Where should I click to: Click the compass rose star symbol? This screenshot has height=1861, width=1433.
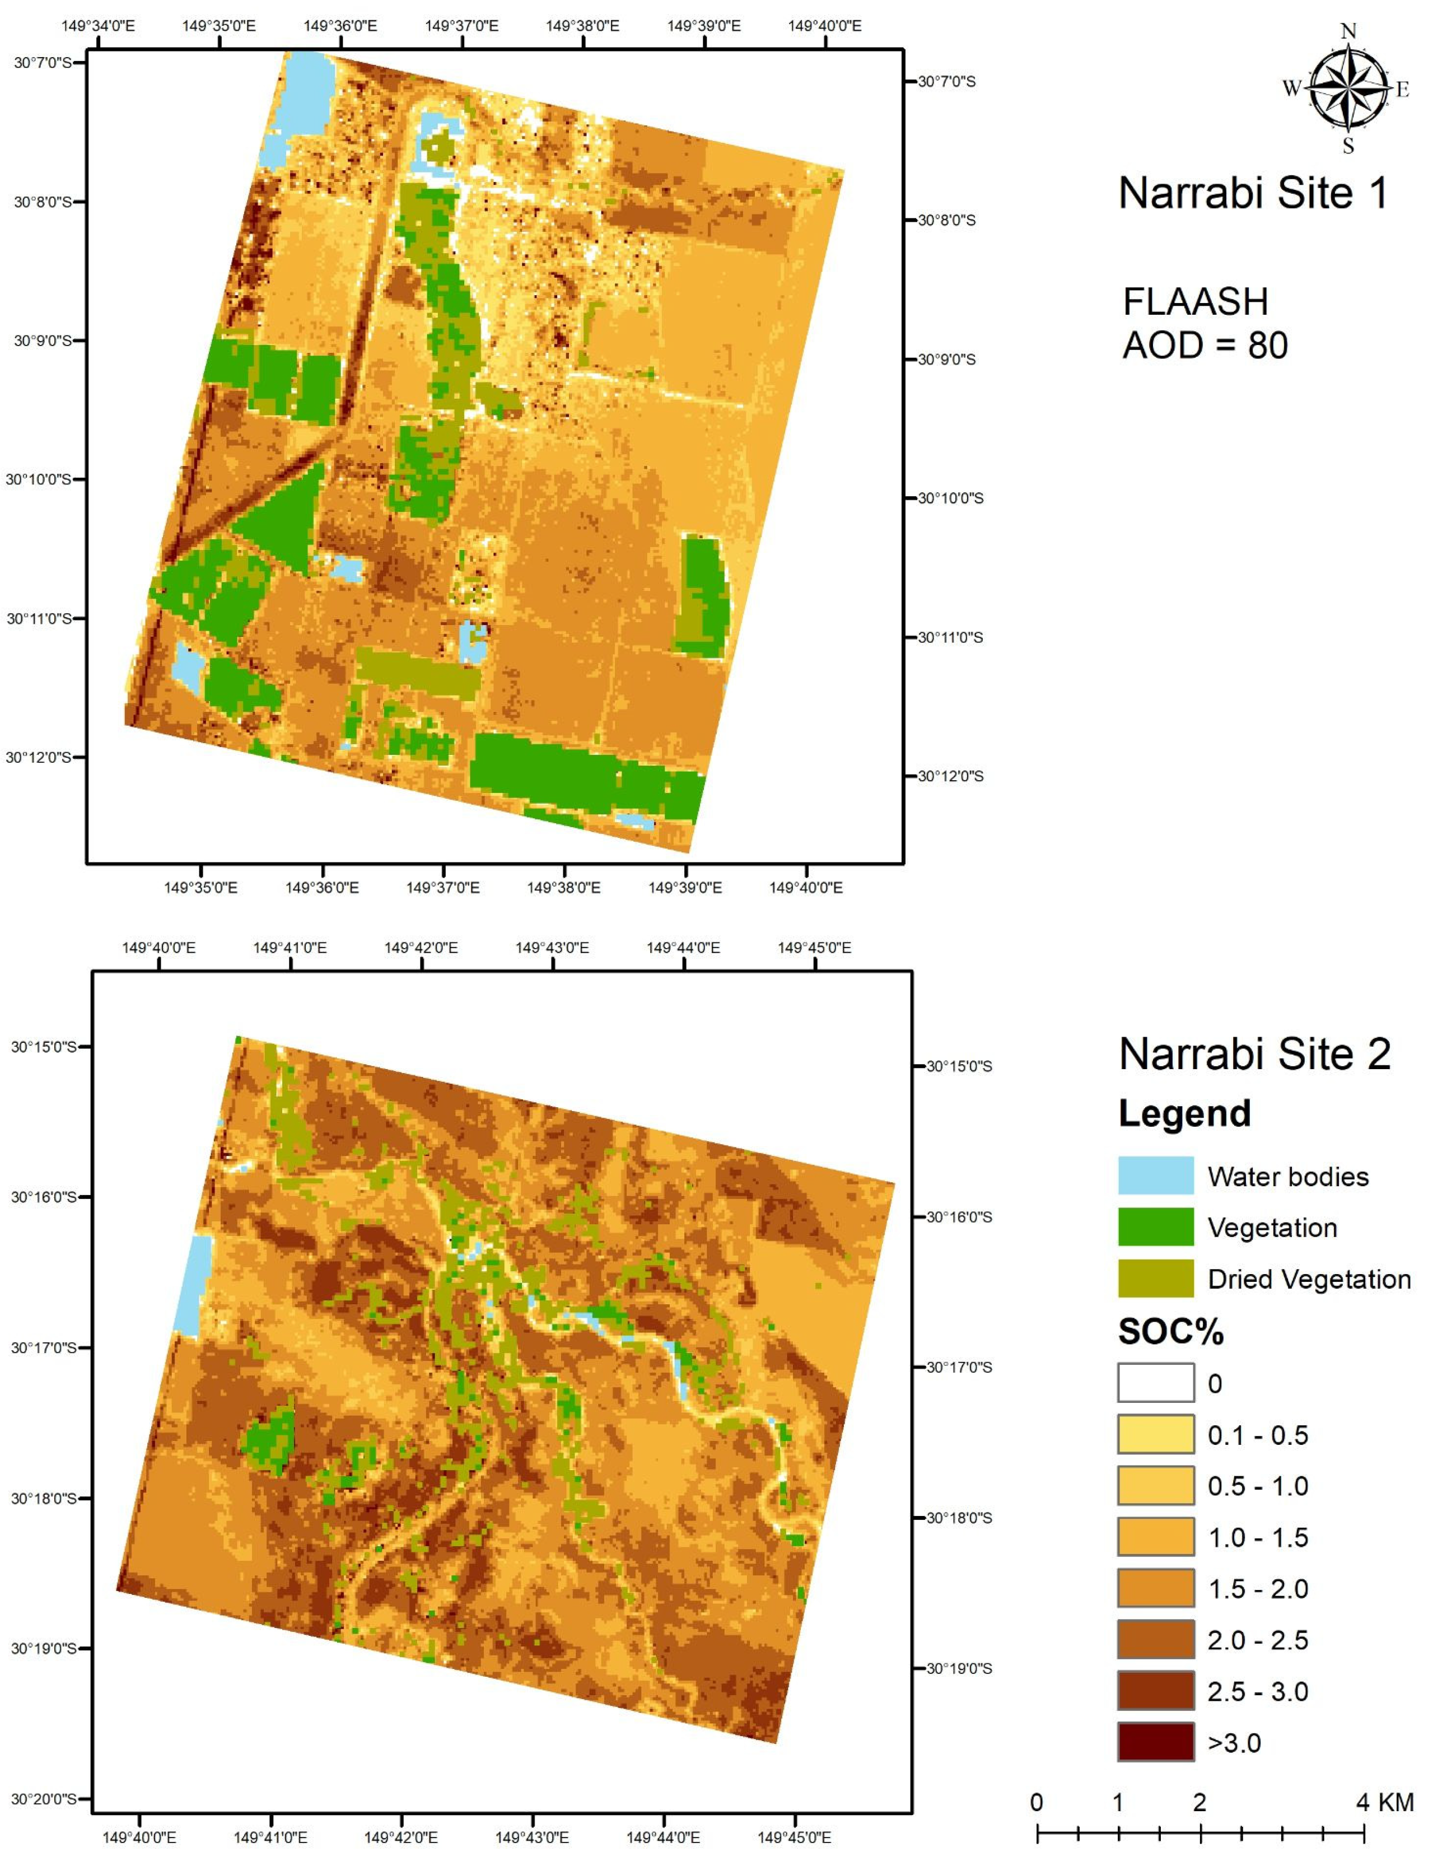coord(1346,88)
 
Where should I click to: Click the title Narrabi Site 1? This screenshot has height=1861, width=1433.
coord(1252,193)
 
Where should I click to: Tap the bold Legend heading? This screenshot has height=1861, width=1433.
coord(1184,1114)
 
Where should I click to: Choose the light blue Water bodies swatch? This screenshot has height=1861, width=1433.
coord(1155,1176)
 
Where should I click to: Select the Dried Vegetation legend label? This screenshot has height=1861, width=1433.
coord(1309,1279)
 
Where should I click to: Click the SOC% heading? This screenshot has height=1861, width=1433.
coord(1170,1332)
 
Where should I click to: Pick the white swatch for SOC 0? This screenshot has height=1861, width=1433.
coord(1155,1383)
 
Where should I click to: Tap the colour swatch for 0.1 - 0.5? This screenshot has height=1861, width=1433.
coord(1155,1435)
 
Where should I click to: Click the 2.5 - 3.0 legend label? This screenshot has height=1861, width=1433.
coord(1258,1691)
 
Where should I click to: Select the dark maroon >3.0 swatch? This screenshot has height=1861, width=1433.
coord(1155,1743)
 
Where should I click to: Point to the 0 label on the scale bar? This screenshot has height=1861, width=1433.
coord(1036,1802)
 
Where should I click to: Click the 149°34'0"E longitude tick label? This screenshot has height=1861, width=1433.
coord(98,26)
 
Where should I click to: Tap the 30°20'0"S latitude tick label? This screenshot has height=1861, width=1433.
coord(44,1799)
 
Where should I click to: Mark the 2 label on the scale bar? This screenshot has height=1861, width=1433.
coord(1199,1802)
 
